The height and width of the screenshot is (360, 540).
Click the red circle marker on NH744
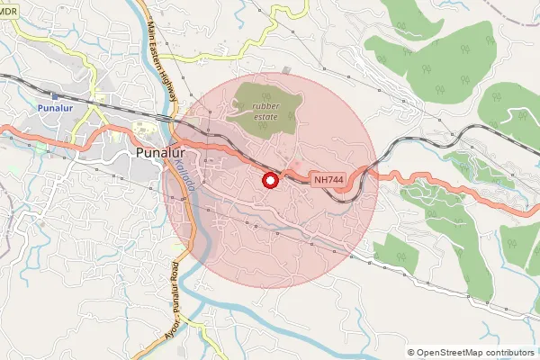269,180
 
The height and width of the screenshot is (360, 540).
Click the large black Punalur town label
161,153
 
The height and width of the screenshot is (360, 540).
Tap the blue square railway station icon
56,95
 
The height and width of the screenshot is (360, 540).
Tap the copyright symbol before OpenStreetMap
411,352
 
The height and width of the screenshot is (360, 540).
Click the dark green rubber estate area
257,97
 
